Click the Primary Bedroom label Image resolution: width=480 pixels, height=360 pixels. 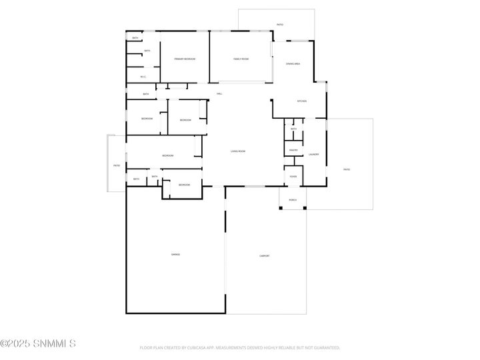(185, 59)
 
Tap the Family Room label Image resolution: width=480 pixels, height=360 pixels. (241, 59)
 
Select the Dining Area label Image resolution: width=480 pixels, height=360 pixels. (293, 63)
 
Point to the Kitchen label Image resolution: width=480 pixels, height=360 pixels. (301, 101)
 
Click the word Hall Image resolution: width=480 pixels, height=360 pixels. (219, 94)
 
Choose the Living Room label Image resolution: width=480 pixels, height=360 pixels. (238, 151)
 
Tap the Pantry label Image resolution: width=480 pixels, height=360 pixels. (293, 150)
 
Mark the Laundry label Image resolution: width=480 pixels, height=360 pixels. (313, 154)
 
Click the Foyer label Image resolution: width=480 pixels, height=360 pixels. (293, 177)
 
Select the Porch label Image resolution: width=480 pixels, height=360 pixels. (293, 200)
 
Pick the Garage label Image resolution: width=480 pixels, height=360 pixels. (175, 255)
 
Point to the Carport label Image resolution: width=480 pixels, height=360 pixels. (265, 255)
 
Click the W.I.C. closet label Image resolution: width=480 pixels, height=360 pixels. (143, 77)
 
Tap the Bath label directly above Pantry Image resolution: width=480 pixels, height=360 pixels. (293, 129)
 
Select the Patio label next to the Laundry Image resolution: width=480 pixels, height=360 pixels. (347, 169)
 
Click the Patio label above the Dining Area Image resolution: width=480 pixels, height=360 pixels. (280, 25)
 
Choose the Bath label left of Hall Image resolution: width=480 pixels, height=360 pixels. (146, 94)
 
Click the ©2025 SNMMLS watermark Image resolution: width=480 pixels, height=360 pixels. (38, 344)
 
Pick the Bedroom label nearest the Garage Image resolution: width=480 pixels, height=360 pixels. (184, 185)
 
